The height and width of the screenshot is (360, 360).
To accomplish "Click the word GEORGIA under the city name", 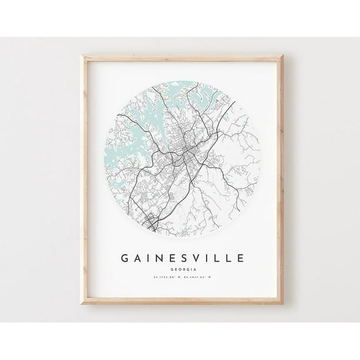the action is click(x=179, y=268).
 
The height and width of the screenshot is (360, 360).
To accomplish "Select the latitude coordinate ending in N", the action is click(x=164, y=277).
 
